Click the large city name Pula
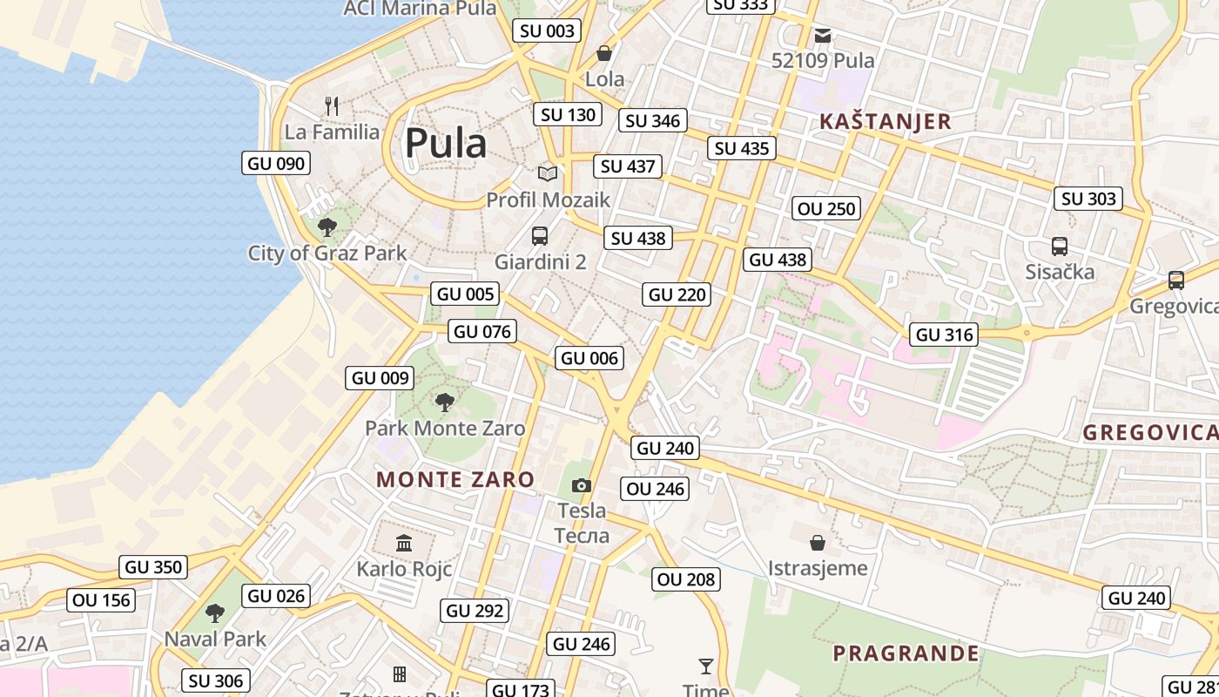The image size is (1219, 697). point(445,143)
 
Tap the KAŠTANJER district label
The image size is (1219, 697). point(886,121)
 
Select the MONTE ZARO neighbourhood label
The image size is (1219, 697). point(455,479)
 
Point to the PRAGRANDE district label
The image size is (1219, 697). point(906,653)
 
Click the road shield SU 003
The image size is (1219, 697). point(548,31)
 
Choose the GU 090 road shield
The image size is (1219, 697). point(276,163)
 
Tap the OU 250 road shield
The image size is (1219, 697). point(827,208)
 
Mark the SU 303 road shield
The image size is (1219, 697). point(1088,199)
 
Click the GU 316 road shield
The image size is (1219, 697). point(945,335)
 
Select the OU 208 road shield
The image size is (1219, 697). point(686,579)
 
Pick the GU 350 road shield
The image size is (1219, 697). point(154,567)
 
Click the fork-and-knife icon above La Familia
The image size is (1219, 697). point(332,106)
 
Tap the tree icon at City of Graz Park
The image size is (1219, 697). point(327,227)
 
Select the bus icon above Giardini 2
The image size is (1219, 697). point(540,236)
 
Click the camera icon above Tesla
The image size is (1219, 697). point(582,485)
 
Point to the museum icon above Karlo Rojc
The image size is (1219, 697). point(404,544)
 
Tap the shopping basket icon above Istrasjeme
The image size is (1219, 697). point(818,543)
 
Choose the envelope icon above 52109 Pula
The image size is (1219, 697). point(823,36)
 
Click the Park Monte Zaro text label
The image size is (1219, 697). point(445,428)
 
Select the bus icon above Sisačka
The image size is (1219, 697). point(1060,247)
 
